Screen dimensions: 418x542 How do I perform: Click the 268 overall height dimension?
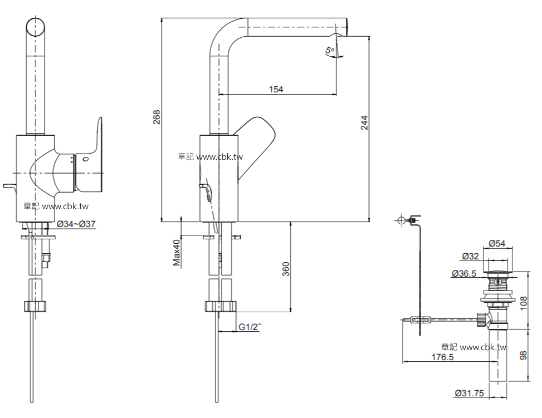pos(157,118)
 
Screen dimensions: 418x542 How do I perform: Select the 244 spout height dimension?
pos(364,123)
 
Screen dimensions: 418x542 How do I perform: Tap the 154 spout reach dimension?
pos(276,89)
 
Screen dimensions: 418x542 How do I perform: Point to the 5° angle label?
pos(330,51)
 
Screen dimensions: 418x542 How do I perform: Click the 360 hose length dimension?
pos(285,270)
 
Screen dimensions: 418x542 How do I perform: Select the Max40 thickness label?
pos(177,253)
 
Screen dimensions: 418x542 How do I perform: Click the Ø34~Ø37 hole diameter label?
pos(77,224)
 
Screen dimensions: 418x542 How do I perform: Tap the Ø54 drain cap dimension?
pos(497,243)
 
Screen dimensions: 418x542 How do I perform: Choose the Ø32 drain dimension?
pos(471,257)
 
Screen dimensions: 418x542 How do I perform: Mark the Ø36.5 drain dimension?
pos(463,273)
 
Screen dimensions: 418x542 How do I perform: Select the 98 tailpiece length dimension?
pos(524,356)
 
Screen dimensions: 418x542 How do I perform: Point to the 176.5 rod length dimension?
pos(443,357)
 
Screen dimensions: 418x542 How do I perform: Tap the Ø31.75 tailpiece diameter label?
pos(468,393)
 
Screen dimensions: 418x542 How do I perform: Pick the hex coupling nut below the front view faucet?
pos(35,306)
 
